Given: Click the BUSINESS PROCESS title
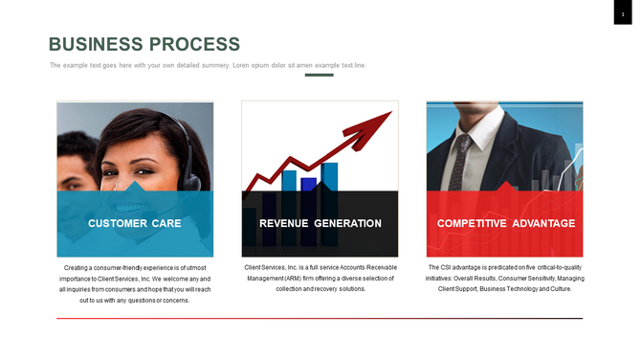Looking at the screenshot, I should tap(144, 44).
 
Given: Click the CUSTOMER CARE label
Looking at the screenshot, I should tap(135, 223).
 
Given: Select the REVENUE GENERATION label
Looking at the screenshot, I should tap(320, 223).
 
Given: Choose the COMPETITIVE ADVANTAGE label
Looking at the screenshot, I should tap(506, 223).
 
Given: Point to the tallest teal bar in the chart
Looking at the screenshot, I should tap(329, 176).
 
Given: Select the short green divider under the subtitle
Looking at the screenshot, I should tap(319, 75).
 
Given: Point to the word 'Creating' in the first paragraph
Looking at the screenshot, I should tap(78, 267).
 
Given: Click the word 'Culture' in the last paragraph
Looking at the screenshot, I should tap(559, 288).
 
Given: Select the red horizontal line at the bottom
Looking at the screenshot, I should tap(319, 318).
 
